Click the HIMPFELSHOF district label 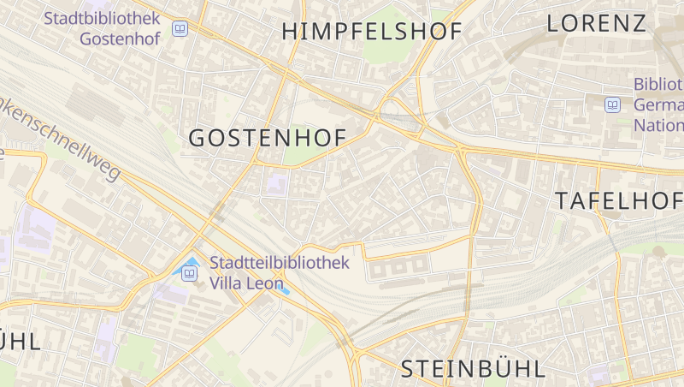coord(372,32)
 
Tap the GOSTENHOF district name coord(267,138)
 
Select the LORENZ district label coord(597,23)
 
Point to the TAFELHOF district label coord(619,201)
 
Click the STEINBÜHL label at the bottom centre coord(473,369)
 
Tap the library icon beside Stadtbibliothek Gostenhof coord(180,29)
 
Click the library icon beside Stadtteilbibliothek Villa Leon coord(189,273)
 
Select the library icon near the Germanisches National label coord(612,105)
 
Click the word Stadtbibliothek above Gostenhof coord(103,18)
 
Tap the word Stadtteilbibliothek coord(280,262)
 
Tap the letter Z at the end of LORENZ coord(637,23)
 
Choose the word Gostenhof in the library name coord(119,39)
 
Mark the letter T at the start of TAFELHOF coord(562,201)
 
